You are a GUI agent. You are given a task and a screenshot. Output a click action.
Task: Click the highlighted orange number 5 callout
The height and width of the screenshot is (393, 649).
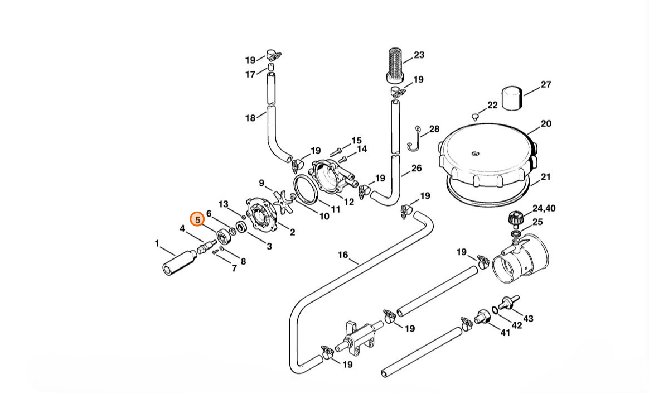197,220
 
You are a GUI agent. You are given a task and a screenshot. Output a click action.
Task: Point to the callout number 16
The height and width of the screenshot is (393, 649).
343,255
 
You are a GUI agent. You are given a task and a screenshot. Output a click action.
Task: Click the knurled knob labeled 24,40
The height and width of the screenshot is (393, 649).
515,219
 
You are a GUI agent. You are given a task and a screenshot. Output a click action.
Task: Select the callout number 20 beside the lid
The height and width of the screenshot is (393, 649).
546,123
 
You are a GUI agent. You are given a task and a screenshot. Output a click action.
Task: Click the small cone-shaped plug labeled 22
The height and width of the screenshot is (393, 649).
474,117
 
